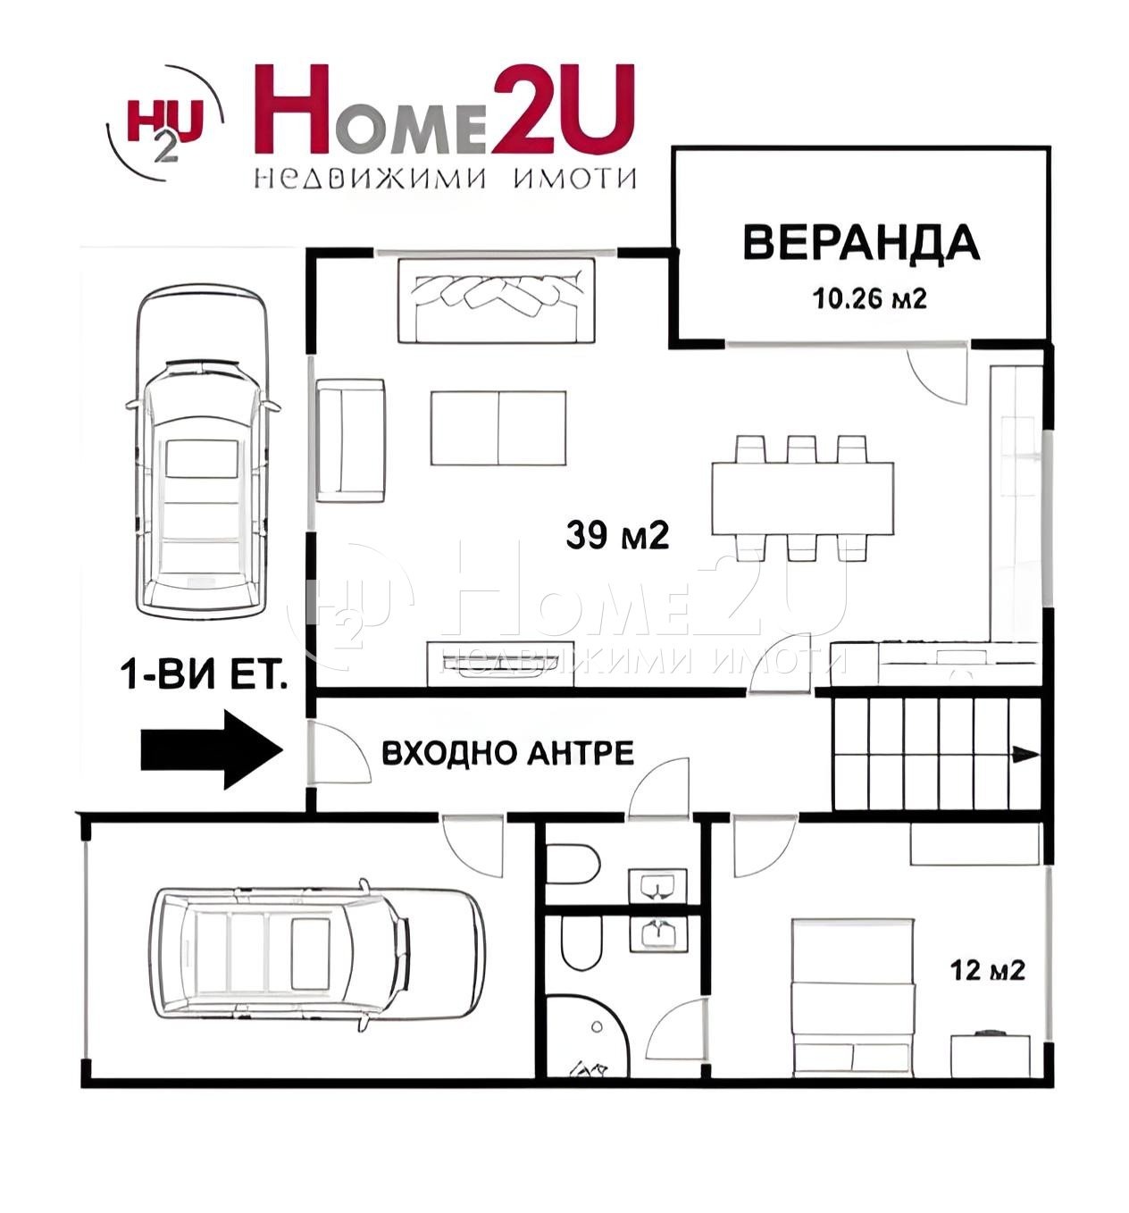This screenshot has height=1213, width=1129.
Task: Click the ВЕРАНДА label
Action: [860, 242]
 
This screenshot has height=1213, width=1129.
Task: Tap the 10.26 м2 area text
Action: [868, 298]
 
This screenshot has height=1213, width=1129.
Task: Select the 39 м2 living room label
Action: [616, 535]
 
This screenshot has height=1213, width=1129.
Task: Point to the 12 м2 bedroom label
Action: [986, 969]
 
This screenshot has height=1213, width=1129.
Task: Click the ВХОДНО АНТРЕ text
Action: [507, 753]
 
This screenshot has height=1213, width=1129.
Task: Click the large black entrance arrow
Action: [212, 749]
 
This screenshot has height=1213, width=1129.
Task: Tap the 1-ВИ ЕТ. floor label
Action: [205, 676]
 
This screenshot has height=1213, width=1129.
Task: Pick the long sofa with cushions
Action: [496, 300]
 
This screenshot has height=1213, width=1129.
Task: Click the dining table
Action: [802, 498]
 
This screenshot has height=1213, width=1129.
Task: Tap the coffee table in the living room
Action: [498, 428]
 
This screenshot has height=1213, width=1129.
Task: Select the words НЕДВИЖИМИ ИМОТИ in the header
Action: [445, 178]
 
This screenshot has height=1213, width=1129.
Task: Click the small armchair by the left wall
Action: [350, 439]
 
